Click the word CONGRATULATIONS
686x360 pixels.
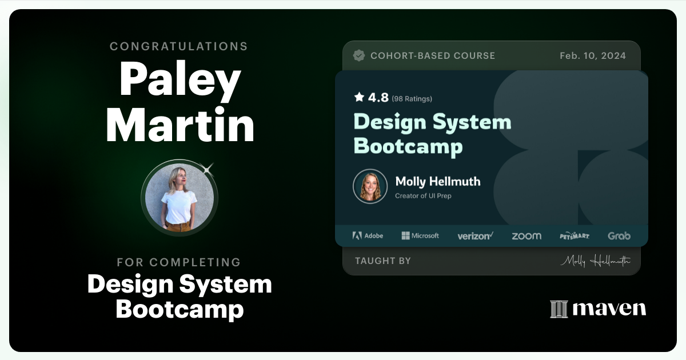(179, 46)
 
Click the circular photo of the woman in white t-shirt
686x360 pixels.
(180, 197)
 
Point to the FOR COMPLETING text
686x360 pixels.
(179, 262)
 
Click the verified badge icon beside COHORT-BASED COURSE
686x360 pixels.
(359, 55)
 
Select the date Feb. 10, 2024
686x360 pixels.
(593, 55)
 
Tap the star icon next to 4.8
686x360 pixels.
(359, 97)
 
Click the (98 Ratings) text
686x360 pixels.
(412, 98)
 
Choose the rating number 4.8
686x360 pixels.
(378, 98)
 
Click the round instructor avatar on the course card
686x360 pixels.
(370, 186)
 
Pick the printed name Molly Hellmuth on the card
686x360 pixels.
(437, 182)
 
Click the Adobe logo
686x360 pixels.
(368, 235)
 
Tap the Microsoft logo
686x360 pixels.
(420, 235)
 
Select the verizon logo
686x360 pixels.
(475, 235)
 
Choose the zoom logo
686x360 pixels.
(526, 235)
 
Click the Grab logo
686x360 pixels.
(619, 235)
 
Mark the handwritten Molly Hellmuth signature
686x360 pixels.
(595, 261)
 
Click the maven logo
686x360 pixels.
(598, 309)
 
